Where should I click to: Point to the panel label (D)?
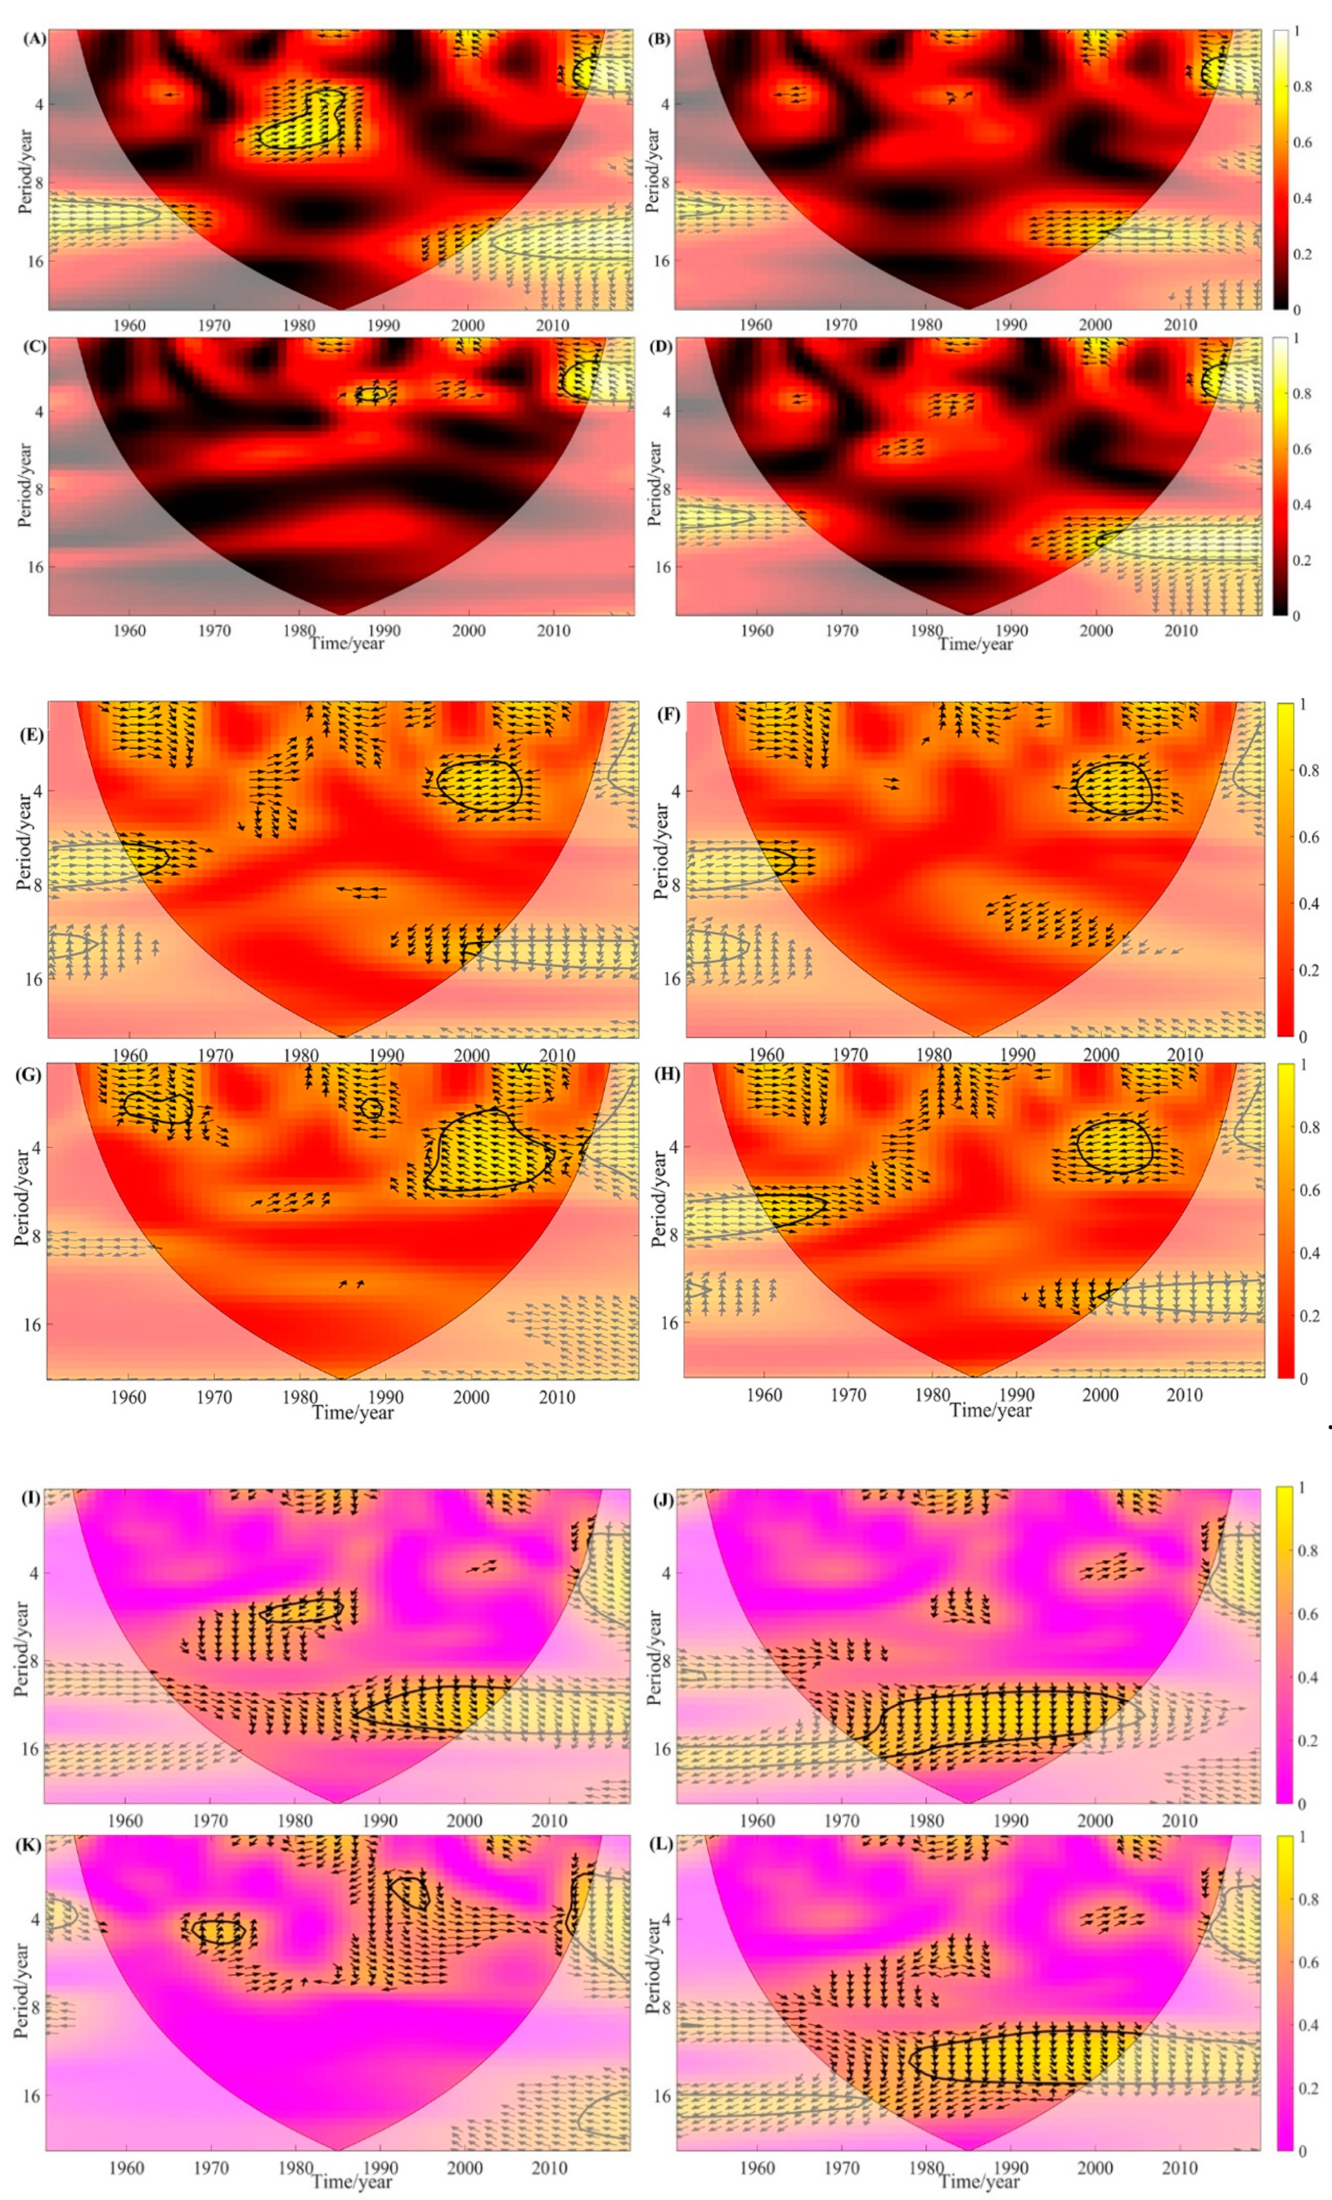coord(662,346)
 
